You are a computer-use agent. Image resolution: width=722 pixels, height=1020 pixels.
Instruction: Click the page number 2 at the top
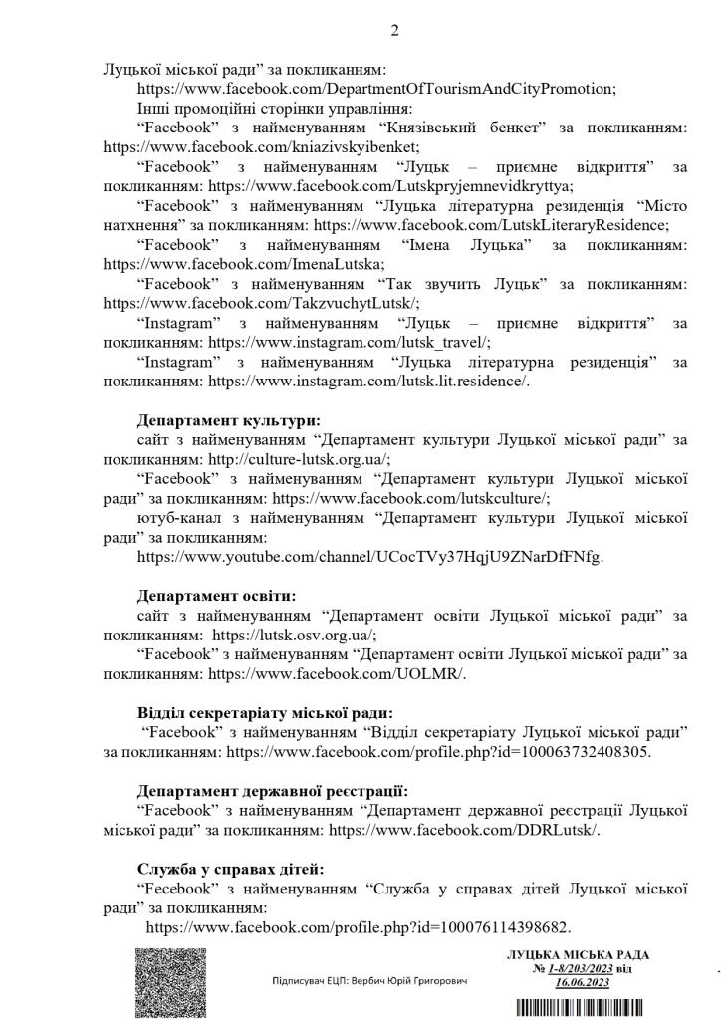(394, 31)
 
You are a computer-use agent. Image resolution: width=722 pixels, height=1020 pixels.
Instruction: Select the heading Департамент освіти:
(216, 596)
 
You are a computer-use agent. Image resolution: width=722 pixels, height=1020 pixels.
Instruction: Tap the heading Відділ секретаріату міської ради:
(265, 712)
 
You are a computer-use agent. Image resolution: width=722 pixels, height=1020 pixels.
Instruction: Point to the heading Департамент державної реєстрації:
(272, 791)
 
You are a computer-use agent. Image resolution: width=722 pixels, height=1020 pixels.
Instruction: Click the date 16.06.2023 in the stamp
(583, 982)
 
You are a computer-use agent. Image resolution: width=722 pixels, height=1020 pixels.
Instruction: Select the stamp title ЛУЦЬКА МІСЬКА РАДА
(569, 955)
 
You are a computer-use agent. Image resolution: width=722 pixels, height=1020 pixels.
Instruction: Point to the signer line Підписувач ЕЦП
(369, 981)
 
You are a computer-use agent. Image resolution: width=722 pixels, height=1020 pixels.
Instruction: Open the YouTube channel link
(370, 556)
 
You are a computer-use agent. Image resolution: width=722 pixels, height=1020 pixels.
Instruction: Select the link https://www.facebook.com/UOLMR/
(337, 673)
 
